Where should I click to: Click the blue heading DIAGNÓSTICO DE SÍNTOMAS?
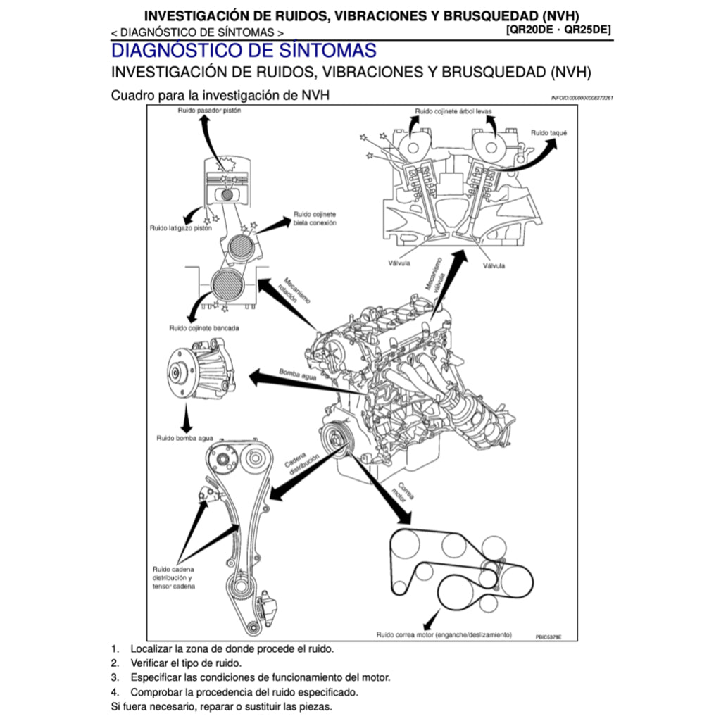[244, 51]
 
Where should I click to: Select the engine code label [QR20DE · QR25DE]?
[558, 30]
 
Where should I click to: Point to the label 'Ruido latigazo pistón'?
[180, 228]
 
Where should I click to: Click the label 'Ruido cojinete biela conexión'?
[315, 218]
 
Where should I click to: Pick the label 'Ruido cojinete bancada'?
[203, 328]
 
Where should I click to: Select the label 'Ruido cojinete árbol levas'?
[453, 111]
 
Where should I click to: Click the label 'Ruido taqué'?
[548, 132]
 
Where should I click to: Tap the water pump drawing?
[201, 373]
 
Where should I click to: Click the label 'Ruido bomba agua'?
[184, 438]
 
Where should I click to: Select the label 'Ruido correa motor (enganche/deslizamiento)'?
[444, 634]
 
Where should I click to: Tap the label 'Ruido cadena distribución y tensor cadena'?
[174, 577]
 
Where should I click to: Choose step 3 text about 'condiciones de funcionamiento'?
[260, 677]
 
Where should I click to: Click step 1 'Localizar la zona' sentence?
[232, 648]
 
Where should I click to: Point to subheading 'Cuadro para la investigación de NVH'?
[220, 94]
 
